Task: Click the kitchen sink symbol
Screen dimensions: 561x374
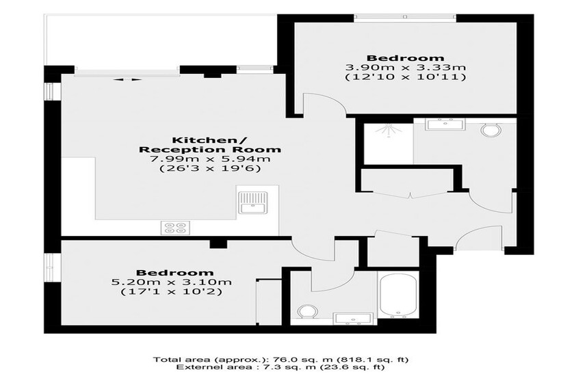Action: pyautogui.click(x=252, y=202)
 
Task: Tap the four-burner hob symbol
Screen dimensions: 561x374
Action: pyautogui.click(x=175, y=228)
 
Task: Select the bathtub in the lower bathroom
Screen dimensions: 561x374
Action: pyautogui.click(x=398, y=295)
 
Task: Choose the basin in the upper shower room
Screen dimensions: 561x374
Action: pyautogui.click(x=445, y=124)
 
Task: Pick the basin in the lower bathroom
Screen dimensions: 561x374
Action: pyautogui.click(x=353, y=319)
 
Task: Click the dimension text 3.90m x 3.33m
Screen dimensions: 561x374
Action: pyautogui.click(x=406, y=68)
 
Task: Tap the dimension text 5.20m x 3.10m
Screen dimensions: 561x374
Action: pyautogui.click(x=171, y=282)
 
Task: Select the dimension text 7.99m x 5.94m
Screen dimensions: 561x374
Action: pyautogui.click(x=209, y=159)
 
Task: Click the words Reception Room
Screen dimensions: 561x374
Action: pyautogui.click(x=209, y=150)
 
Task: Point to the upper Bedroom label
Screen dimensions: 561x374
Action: pyautogui.click(x=406, y=58)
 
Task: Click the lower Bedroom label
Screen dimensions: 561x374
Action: pyautogui.click(x=174, y=273)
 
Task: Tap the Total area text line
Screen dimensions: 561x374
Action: pyautogui.click(x=281, y=360)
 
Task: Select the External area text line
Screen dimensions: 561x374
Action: pyautogui.click(x=281, y=367)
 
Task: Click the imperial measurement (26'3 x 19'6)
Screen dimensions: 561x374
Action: pyautogui.click(x=209, y=168)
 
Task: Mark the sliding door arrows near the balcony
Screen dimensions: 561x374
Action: pyautogui.click(x=127, y=79)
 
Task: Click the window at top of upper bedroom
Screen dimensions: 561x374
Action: pyautogui.click(x=406, y=17)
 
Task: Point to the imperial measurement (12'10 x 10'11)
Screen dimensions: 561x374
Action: pyautogui.click(x=406, y=77)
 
